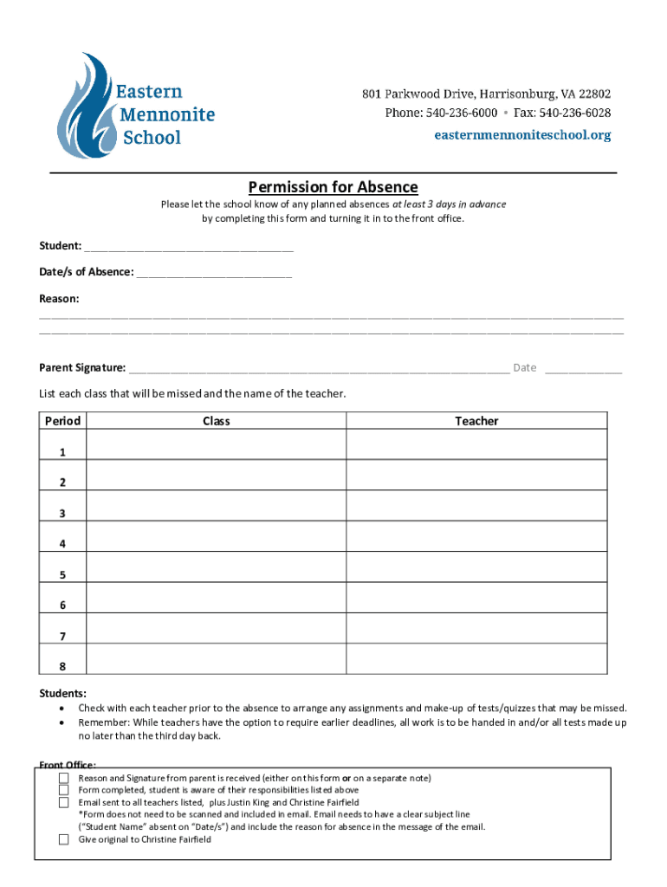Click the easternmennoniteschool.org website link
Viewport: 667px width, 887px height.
[x=522, y=135]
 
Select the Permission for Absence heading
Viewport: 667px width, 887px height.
[x=333, y=187]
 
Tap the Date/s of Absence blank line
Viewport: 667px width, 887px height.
[x=214, y=274]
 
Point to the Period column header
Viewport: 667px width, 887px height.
[x=62, y=421]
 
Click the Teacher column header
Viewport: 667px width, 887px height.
[x=476, y=421]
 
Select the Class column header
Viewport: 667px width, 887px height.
[x=217, y=421]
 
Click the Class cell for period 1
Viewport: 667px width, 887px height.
[x=217, y=445]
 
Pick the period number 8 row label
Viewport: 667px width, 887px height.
[x=62, y=666]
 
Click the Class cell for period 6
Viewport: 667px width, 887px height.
[x=217, y=598]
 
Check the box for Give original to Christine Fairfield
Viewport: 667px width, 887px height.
[x=63, y=839]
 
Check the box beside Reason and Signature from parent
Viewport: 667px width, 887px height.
[x=63, y=778]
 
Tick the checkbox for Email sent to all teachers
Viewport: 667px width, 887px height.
[x=63, y=802]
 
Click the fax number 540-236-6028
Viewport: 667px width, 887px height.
[x=574, y=113]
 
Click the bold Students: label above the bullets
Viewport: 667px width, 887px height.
[x=62, y=694]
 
